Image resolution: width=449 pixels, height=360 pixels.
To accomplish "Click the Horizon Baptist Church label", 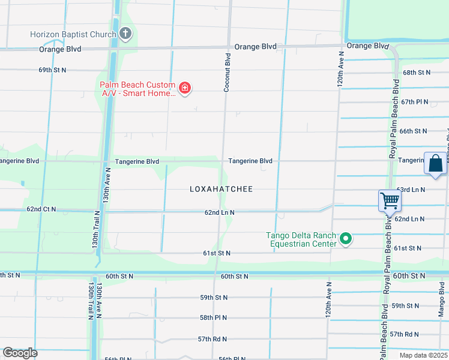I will (73, 34).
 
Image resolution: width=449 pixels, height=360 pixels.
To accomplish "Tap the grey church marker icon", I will (125, 34).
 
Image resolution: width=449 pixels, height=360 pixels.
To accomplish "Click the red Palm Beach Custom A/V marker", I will (185, 89).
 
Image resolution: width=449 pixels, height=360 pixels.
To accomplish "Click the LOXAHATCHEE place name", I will (221, 189).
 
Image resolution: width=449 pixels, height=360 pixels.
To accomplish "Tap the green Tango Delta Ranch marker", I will (346, 239).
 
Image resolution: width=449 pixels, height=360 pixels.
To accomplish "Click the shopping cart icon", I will (390, 201).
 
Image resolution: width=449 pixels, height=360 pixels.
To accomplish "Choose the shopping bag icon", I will (435, 163).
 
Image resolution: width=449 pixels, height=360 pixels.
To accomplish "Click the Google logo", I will (20, 353).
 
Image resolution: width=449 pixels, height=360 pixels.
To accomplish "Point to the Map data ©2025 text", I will (423, 355).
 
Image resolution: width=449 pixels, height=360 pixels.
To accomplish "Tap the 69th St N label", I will (52, 70).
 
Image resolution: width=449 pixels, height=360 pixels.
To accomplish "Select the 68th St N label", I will (417, 73).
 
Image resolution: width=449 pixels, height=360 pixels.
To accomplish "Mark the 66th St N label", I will (413, 131).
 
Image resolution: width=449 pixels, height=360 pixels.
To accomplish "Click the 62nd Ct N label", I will (41, 209).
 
